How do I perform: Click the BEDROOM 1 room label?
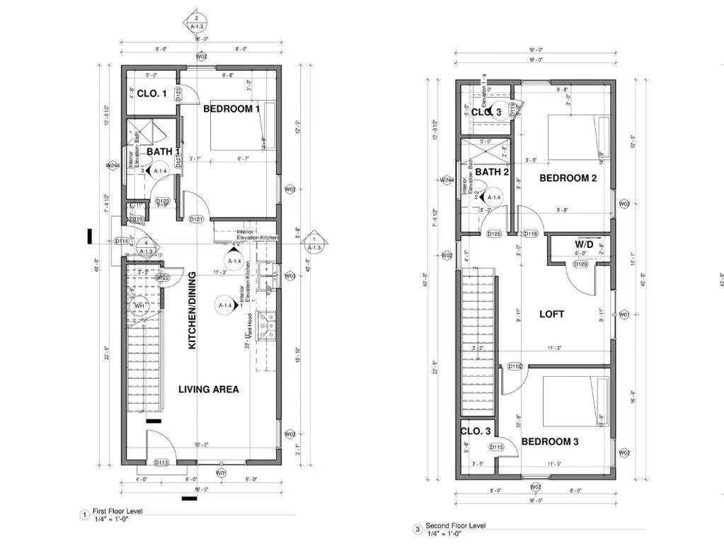[x=231, y=109]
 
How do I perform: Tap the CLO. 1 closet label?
[x=151, y=93]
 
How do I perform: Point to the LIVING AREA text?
[x=208, y=389]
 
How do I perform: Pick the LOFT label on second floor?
[x=552, y=314]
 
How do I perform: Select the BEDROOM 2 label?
[x=568, y=178]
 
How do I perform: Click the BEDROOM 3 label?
[x=550, y=442]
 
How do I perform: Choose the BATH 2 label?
[x=492, y=172]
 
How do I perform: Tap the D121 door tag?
[x=197, y=220]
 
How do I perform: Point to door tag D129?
[x=580, y=264]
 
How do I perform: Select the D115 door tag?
[x=496, y=446]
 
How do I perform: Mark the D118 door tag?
[x=530, y=234]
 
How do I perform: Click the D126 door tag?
[x=494, y=234]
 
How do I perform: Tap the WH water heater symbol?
[x=139, y=306]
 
